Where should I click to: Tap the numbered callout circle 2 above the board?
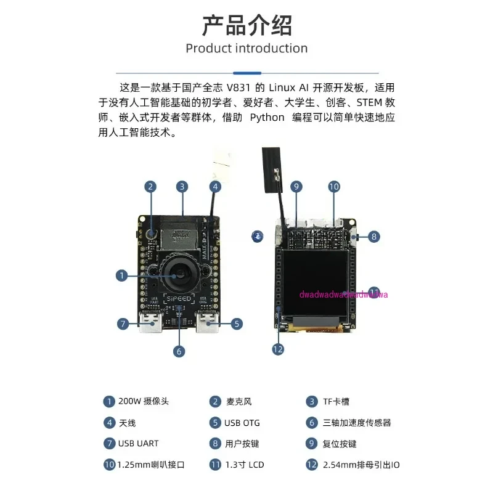coord(150,186)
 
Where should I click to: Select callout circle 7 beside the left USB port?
coord(124,323)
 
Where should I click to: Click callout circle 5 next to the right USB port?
coord(237,323)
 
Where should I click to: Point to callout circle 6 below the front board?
coord(179,351)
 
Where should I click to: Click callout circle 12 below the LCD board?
coord(278,349)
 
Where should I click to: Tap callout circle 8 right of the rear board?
coord(374,235)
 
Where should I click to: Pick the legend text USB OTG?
coord(243,423)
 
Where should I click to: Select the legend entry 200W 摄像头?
coord(143,402)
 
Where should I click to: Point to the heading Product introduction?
coord(246,48)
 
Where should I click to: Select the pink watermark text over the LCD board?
coord(343,295)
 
